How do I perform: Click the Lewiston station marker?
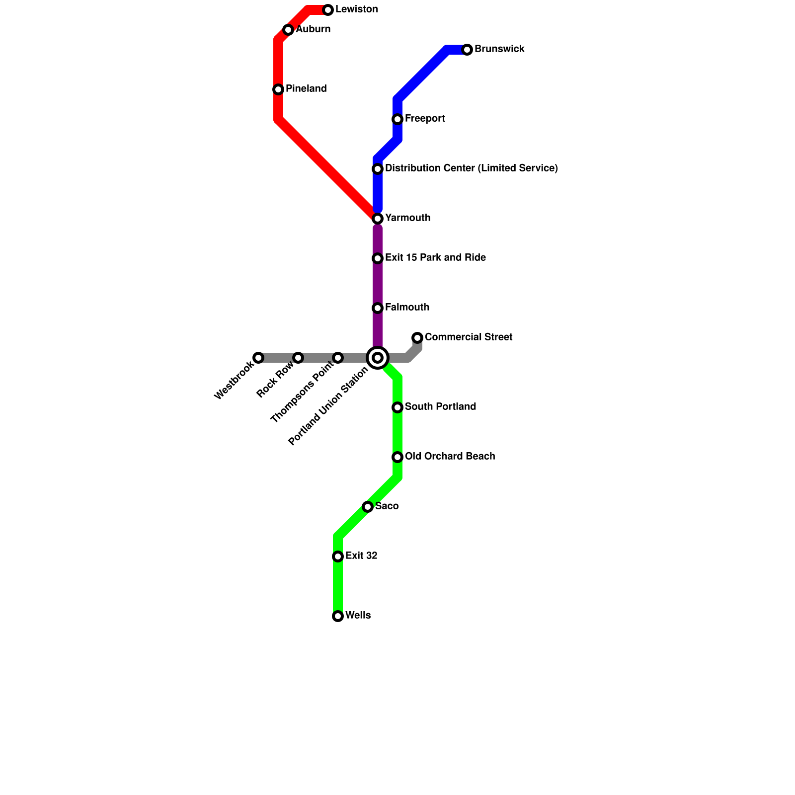(328, 10)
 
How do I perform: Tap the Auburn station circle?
(288, 30)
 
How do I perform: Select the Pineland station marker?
(278, 89)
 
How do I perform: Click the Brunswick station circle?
(467, 50)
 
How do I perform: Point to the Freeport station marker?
(397, 119)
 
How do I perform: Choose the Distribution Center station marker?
(378, 169)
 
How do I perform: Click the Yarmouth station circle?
(378, 219)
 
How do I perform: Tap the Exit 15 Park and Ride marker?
(378, 258)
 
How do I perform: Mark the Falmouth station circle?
(378, 308)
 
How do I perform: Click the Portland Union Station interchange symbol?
(378, 358)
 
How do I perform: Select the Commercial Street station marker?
(417, 338)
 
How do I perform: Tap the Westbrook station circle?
(258, 358)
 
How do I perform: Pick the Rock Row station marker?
(298, 358)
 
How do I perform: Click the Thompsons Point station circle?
(338, 358)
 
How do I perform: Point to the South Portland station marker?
(397, 407)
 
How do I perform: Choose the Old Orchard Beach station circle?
(397, 457)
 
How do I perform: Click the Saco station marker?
(368, 507)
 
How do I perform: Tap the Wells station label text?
(358, 616)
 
